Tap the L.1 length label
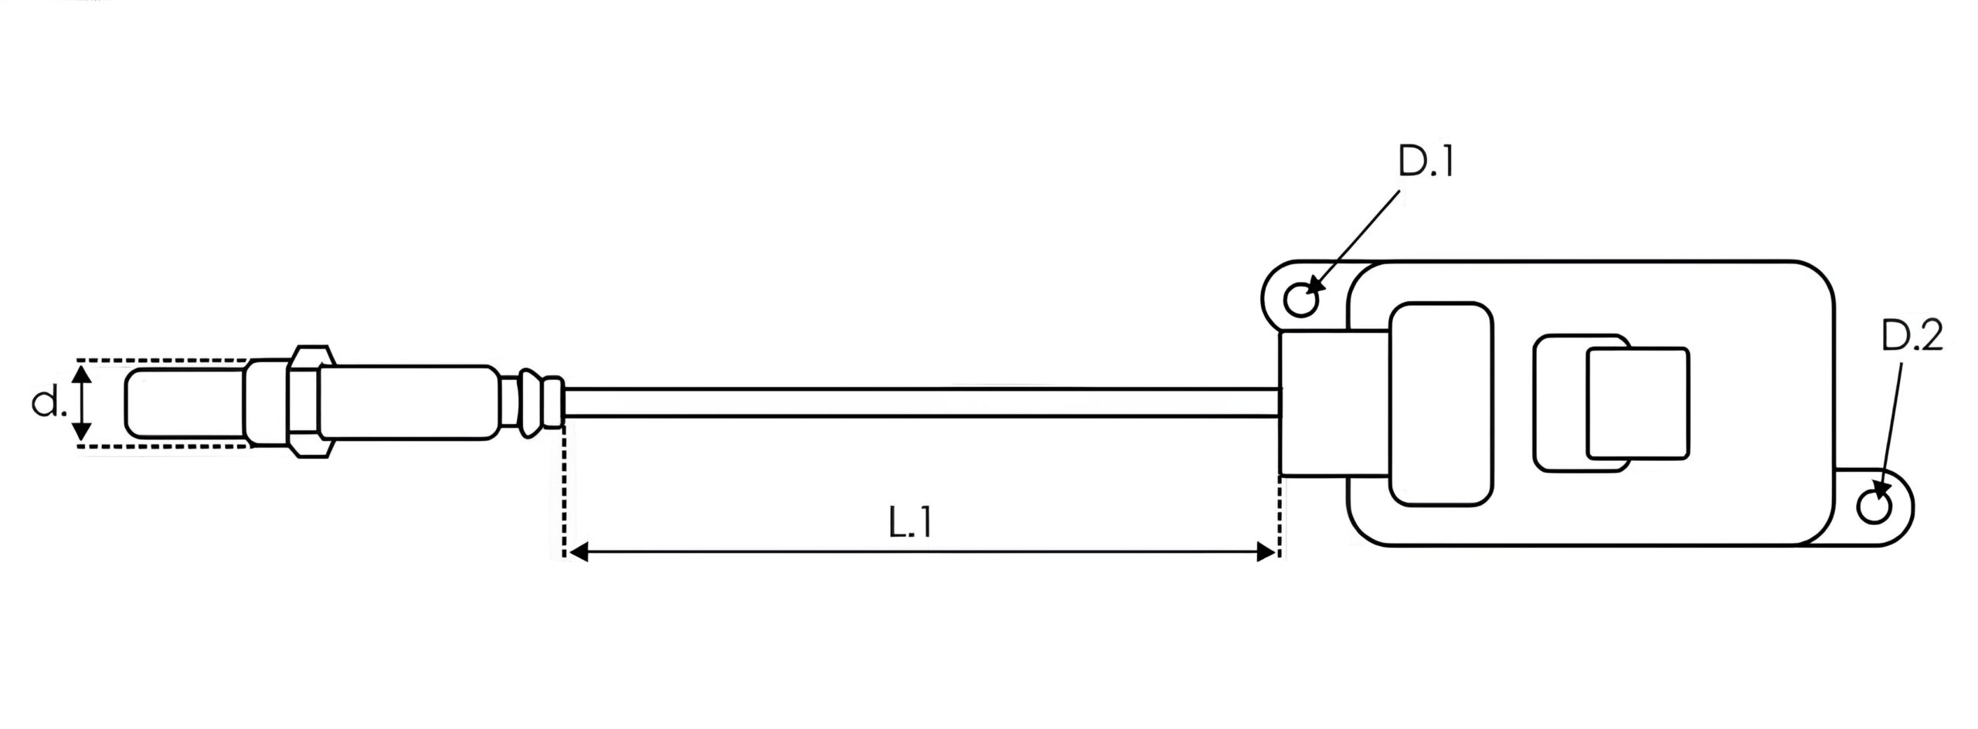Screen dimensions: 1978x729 click(x=909, y=523)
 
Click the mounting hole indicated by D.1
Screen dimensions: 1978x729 click(x=1303, y=299)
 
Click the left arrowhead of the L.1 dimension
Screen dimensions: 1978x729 click(x=577, y=551)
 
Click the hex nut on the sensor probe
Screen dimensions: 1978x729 click(x=309, y=402)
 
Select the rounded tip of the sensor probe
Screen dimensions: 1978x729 click(x=185, y=402)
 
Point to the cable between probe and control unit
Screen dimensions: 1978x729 click(x=921, y=402)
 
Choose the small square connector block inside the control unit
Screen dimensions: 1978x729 click(x=1637, y=402)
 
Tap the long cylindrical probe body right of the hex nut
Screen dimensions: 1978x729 click(x=406, y=402)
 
